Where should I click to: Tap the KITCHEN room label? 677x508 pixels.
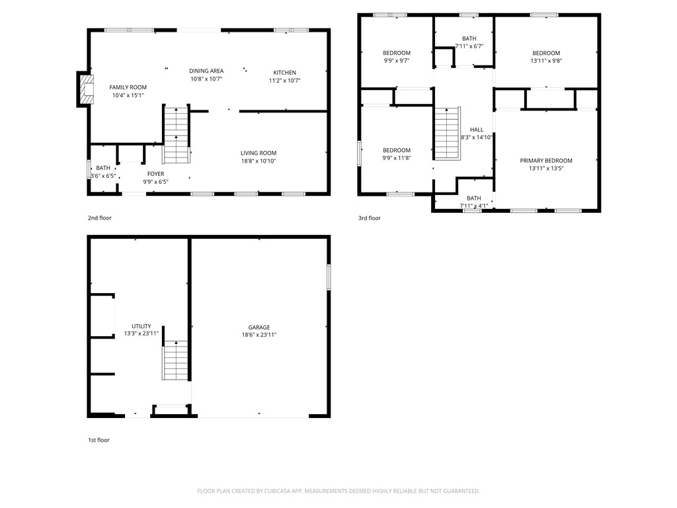coord(284,72)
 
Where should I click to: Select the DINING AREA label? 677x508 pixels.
coord(206,71)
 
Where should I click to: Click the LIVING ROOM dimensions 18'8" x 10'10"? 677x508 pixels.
coord(258,161)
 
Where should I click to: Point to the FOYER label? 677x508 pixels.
coord(155,174)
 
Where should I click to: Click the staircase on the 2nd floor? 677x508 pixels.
coord(176,135)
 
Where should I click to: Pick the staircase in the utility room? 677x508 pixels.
coord(171,360)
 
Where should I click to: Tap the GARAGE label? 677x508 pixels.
coord(259,327)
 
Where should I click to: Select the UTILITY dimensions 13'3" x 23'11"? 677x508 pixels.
coord(141,334)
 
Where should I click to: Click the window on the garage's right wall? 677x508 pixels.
coord(329,277)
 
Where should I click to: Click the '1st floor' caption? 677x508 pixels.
coord(99,440)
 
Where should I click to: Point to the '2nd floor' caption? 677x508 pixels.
coord(100,218)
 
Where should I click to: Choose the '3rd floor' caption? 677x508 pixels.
coord(370,218)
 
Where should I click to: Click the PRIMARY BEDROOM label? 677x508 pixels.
coord(545,161)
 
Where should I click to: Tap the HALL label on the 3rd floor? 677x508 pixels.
coord(476,130)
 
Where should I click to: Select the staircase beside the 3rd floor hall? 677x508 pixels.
coord(447,133)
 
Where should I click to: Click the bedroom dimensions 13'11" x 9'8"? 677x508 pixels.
coord(546,61)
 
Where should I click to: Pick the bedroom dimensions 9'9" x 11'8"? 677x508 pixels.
coord(397,158)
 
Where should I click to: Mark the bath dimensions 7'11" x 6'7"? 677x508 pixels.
coord(469,46)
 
